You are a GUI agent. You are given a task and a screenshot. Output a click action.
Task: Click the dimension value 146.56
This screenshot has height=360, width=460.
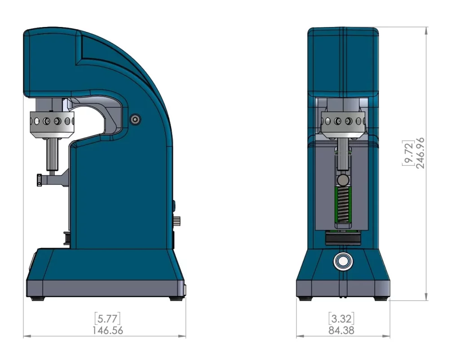108,330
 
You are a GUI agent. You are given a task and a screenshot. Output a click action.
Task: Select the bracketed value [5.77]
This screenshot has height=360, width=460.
108,319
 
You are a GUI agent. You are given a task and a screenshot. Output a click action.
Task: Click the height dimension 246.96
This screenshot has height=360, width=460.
421,153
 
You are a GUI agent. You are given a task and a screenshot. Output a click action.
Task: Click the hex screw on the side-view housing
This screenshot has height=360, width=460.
135,119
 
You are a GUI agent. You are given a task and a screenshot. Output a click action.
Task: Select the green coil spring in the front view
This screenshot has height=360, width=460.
343,204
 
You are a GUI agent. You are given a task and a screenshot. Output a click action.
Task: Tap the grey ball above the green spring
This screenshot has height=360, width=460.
343,180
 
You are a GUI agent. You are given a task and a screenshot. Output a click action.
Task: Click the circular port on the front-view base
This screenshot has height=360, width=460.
343,261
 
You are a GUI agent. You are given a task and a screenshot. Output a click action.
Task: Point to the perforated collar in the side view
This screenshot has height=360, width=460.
52,122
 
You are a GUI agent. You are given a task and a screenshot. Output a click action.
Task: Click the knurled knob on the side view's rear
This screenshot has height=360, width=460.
177,221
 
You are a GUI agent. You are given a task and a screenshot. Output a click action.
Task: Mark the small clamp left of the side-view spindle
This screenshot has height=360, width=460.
40,180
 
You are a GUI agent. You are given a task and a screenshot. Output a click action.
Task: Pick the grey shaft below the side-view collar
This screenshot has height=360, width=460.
52,153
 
